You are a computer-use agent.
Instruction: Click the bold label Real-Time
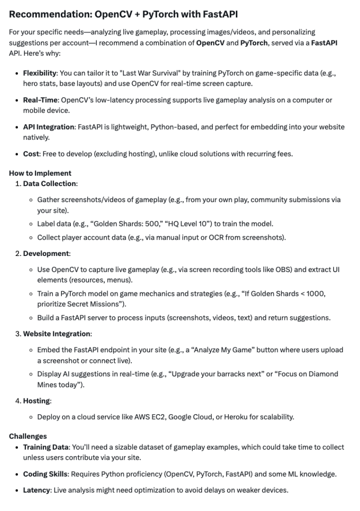(x=40, y=100)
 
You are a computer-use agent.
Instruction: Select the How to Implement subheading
(x=40, y=173)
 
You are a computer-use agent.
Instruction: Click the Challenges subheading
(x=28, y=436)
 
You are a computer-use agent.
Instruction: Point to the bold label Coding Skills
(x=45, y=474)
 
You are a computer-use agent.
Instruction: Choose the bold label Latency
(x=36, y=490)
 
